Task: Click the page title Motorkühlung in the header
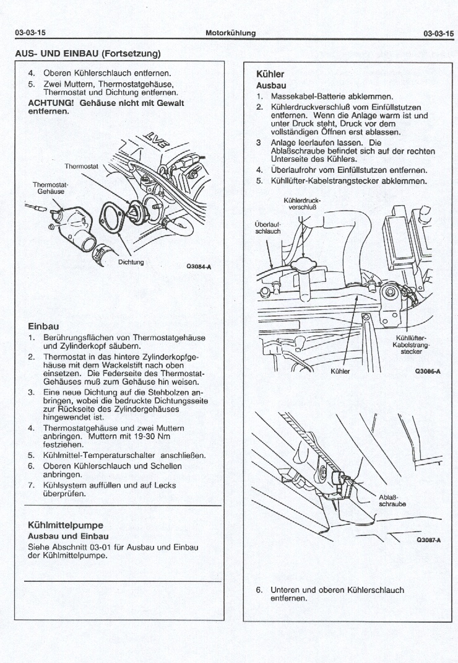coord(230,33)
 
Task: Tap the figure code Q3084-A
coord(199,267)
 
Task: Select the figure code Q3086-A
coord(427,372)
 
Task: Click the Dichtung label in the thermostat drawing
coord(131,262)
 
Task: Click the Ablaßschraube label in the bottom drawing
coord(392,500)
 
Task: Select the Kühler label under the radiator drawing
coord(340,372)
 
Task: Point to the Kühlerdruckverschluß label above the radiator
coord(302,204)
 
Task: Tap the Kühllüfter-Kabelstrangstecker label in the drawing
coord(411,345)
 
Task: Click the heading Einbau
coord(43,326)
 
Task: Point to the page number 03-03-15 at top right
coord(438,33)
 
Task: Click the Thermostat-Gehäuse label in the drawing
coord(51,188)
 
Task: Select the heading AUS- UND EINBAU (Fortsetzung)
coord(87,53)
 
